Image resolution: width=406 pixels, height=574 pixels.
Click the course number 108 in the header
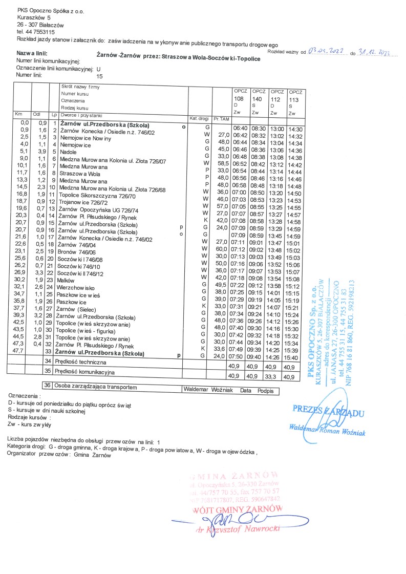pyautogui.click(x=239, y=98)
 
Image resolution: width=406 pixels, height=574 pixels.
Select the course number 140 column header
pyautogui.click(x=257, y=98)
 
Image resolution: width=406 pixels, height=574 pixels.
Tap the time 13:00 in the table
pyautogui.click(x=276, y=130)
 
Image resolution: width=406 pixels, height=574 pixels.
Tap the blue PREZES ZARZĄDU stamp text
pyautogui.click(x=328, y=410)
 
